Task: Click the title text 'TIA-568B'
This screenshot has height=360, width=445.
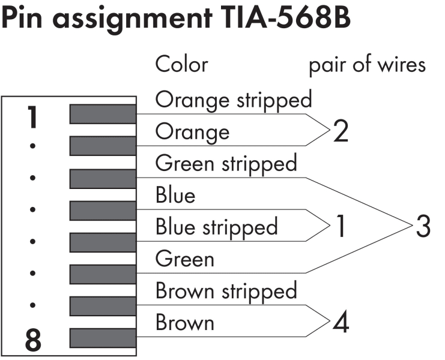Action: coord(285,17)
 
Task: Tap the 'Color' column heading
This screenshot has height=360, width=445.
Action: coord(181,64)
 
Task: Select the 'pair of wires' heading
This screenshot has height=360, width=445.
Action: coord(368,65)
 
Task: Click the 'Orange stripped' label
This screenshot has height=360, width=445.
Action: coord(234,100)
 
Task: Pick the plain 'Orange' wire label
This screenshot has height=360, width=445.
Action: coord(192,133)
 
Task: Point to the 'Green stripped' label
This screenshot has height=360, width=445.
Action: coord(226,164)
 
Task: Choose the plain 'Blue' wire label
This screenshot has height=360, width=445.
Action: coord(175,195)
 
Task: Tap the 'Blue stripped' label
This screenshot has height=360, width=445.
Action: coord(217,227)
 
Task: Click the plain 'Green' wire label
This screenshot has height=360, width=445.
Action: coord(184,259)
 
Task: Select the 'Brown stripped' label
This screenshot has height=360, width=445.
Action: coord(226,292)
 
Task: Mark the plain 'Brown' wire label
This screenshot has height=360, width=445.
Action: coord(185,323)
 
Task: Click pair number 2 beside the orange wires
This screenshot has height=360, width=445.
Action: coord(341,131)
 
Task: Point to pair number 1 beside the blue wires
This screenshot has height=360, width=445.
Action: coord(341,226)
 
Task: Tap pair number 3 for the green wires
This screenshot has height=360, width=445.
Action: coord(423,226)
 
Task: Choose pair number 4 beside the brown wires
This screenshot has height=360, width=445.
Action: coord(341,322)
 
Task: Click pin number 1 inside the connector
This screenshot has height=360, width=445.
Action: coord(32,117)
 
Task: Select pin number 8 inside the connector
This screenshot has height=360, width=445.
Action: coord(33,340)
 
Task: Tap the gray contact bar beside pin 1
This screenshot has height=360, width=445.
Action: coord(103,114)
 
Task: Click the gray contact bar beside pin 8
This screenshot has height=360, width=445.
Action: coord(103,338)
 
